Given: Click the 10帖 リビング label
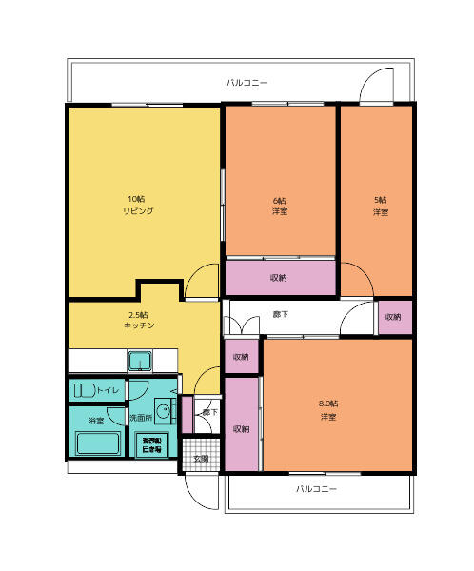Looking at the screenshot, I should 138,205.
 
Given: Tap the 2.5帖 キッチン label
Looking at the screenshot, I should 139,320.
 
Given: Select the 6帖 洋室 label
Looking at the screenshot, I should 280,206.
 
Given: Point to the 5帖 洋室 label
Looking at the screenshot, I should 381,206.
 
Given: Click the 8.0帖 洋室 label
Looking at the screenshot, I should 328,410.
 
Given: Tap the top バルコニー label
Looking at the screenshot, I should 247,83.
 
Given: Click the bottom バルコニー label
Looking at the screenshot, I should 316,489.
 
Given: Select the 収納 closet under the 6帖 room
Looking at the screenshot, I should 279,278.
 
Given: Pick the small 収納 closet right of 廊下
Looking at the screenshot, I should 393,316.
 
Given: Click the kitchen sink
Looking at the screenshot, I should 141,362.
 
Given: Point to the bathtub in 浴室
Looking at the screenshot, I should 95,443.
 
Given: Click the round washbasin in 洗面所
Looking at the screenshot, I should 163,413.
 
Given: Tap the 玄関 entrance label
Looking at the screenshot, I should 201,459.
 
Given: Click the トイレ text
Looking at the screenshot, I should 108,390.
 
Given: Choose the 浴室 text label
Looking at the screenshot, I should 95,420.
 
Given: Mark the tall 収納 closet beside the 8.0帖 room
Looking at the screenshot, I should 242,425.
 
